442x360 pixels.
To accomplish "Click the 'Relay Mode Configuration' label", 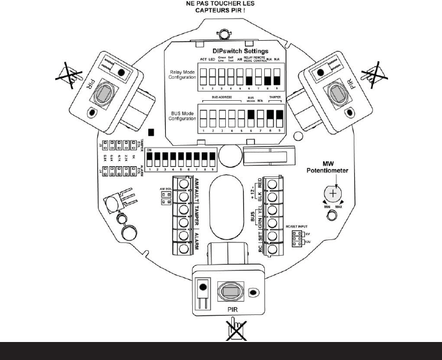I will [182, 75].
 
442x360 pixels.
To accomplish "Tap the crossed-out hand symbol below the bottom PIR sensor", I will [231, 329].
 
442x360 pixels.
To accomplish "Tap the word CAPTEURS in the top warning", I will [210, 10].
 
